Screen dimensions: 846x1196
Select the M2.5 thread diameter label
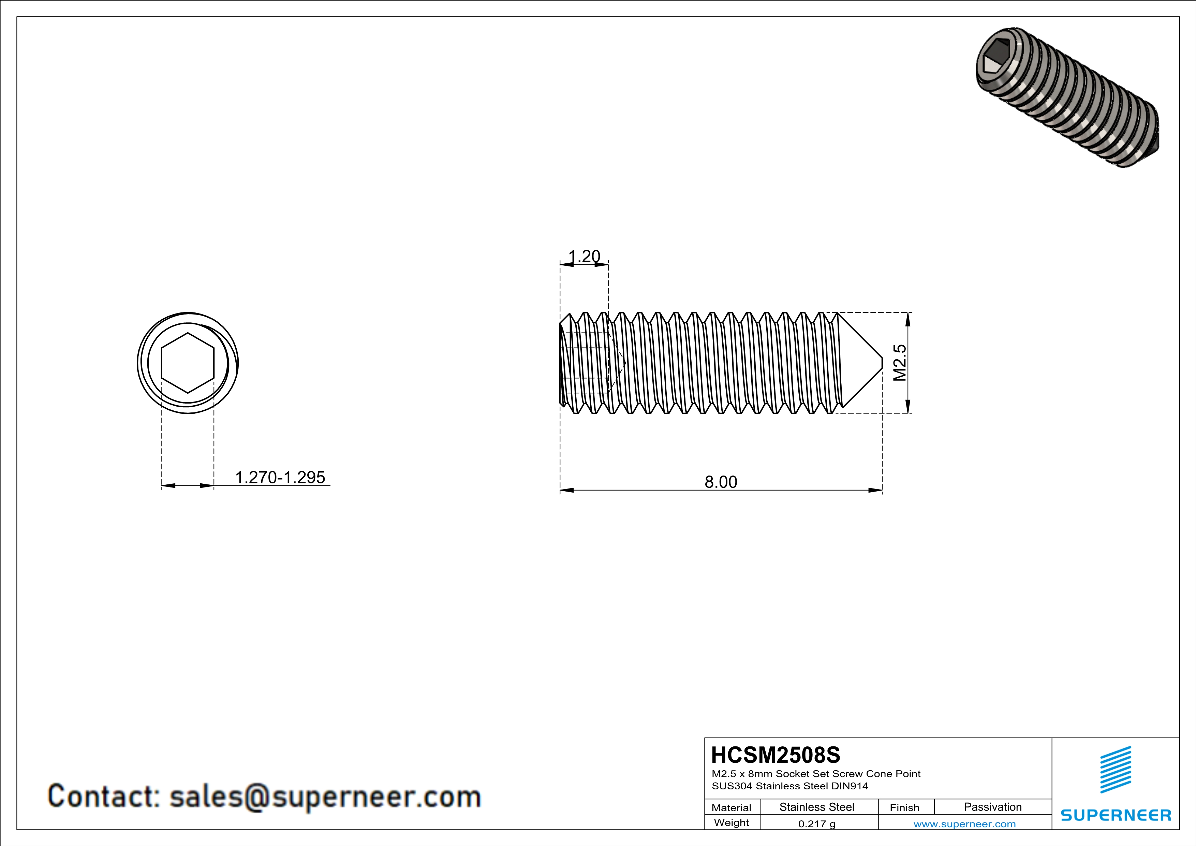[x=900, y=363]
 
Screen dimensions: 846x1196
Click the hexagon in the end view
[x=188, y=363]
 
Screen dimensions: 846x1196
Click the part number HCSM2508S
[x=775, y=755]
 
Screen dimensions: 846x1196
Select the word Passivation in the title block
[x=992, y=807]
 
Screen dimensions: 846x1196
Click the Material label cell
[x=732, y=807]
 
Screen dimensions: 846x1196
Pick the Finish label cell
[x=904, y=807]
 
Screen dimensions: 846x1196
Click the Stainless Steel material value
[x=817, y=807]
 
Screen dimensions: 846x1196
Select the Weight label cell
[x=732, y=822]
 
